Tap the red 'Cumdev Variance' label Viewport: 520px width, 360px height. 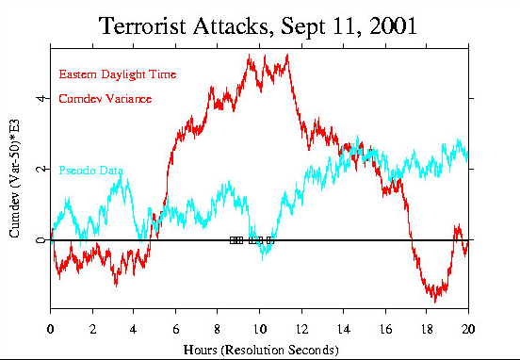click(x=106, y=98)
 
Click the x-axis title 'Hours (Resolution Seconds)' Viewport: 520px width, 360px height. click(x=259, y=350)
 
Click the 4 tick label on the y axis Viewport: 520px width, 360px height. click(x=40, y=97)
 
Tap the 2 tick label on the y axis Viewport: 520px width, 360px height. click(x=40, y=169)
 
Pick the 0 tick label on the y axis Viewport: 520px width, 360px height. click(x=40, y=240)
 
